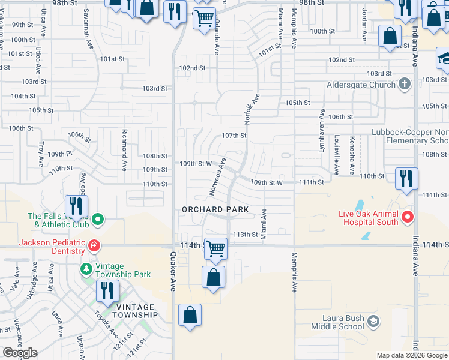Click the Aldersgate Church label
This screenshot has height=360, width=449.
tap(361, 85)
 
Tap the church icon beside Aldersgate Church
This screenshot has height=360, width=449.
tap(405, 84)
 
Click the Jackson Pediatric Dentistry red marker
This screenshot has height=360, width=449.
tap(94, 245)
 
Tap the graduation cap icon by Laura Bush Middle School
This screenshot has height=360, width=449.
tap(373, 322)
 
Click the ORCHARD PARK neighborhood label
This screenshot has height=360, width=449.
tap(215, 209)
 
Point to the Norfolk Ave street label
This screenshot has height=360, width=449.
tap(252, 109)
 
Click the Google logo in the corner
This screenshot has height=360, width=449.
tap(19, 353)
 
